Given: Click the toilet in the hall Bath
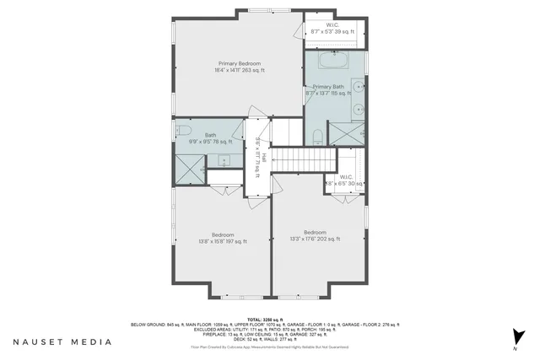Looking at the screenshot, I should coord(181,130).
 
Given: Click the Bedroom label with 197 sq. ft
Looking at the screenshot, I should coord(224,237).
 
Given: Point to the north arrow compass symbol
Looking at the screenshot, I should coord(514,337).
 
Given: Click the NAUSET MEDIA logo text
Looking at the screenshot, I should coord(62,342).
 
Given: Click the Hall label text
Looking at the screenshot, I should coord(263,158).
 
